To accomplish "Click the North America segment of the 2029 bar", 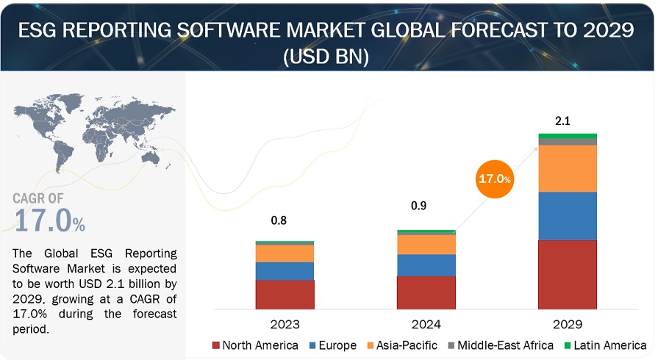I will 568,274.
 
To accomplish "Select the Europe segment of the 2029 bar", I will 568,216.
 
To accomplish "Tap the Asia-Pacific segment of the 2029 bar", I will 568,168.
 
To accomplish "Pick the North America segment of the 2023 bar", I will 285,294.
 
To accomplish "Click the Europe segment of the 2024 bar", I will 426,265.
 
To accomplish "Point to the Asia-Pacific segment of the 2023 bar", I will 285,253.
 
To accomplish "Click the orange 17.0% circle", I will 493,178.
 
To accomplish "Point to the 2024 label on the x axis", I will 426,323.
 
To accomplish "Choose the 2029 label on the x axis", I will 568,323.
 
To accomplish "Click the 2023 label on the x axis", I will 285,323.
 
